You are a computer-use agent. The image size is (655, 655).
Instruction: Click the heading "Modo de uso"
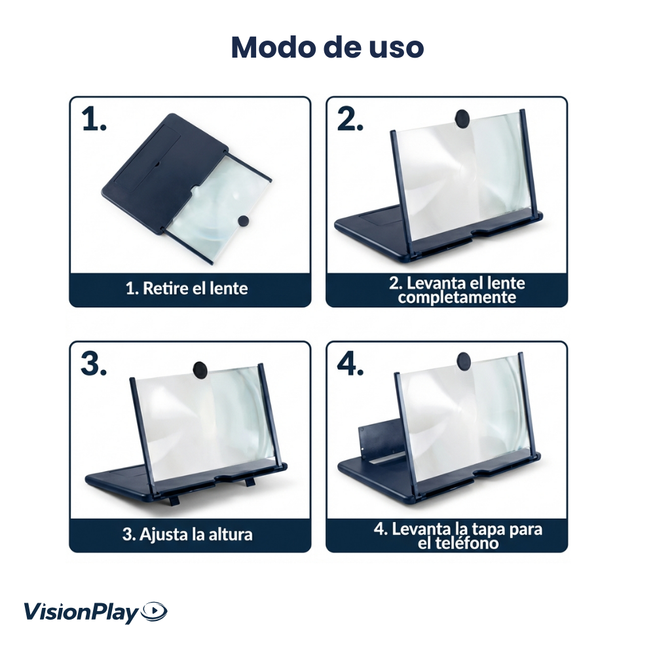[327, 47]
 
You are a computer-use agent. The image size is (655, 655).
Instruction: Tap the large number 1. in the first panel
[94, 120]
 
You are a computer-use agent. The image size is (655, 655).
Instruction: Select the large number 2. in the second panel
[350, 119]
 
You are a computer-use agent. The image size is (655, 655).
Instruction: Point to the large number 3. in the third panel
[94, 364]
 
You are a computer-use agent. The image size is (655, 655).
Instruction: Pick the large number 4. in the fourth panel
[350, 364]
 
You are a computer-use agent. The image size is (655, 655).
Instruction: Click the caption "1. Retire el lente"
[187, 288]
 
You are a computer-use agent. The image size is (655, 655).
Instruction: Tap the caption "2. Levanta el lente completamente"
[457, 290]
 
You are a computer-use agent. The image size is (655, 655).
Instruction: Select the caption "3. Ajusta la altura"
[187, 534]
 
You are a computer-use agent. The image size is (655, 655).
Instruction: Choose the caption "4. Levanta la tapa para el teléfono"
[458, 535]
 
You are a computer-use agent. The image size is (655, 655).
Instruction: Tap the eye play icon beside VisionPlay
[155, 612]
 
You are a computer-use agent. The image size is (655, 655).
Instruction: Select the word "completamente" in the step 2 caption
[457, 298]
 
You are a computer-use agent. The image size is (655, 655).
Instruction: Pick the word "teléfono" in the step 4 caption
[458, 543]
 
